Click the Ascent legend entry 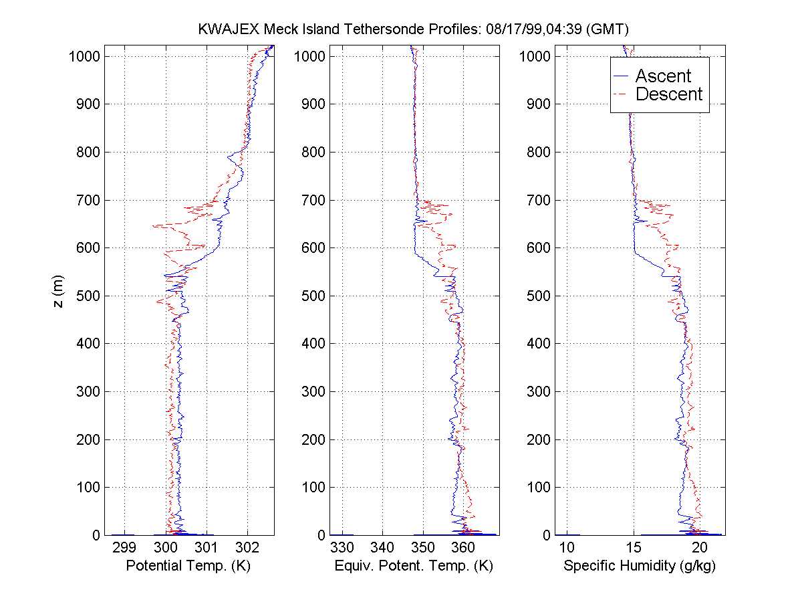(662, 76)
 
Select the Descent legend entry (668, 94)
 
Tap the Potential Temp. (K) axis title (188, 566)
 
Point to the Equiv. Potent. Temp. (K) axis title (413, 566)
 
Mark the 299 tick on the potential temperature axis (124, 548)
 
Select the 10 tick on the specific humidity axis (567, 548)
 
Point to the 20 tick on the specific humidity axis (699, 548)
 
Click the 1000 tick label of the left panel (84, 56)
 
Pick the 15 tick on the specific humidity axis (633, 548)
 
